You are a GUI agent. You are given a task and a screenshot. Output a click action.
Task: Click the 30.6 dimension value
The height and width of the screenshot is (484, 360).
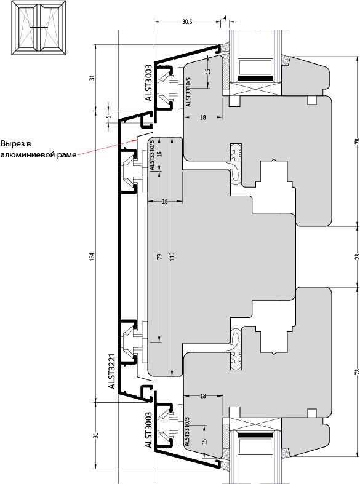click(187, 22)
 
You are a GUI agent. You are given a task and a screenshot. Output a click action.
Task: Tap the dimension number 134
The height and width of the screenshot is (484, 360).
click(92, 256)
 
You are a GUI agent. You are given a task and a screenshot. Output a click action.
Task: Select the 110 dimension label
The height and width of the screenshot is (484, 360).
click(172, 256)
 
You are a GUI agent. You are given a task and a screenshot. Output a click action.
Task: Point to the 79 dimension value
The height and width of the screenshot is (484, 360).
click(159, 256)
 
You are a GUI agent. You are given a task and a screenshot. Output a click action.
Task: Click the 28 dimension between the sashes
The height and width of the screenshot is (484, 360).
click(357, 256)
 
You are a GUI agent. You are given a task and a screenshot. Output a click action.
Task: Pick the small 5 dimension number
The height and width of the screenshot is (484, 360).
click(108, 117)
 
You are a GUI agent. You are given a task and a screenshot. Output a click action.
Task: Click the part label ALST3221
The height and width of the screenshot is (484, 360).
click(112, 371)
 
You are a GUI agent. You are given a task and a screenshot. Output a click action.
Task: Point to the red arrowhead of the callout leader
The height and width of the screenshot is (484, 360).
click(135, 140)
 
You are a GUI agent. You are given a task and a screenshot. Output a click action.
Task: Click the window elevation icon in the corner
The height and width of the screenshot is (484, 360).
click(38, 28)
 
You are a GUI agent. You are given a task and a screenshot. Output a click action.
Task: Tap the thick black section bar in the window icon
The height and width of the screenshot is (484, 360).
click(39, 28)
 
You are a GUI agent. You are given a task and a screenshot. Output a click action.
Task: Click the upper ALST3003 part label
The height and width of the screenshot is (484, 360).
click(149, 83)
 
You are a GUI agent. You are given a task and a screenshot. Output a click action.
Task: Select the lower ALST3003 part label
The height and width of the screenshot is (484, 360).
click(149, 430)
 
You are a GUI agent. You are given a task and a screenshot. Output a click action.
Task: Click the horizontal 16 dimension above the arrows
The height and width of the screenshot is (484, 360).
click(165, 201)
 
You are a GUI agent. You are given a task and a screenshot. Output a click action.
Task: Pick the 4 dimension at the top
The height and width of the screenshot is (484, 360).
click(225, 18)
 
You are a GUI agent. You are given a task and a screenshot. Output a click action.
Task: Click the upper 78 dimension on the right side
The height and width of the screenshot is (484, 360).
click(357, 141)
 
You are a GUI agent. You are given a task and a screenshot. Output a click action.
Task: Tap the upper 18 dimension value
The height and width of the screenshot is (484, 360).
click(203, 117)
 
